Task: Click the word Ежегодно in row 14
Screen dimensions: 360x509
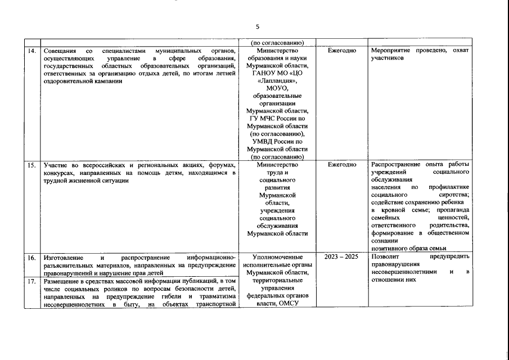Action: coord(341,51)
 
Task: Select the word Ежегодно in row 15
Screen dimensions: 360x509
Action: coord(341,165)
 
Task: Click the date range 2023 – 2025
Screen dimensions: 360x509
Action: coord(341,257)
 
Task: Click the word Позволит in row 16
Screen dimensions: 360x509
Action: coord(386,257)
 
